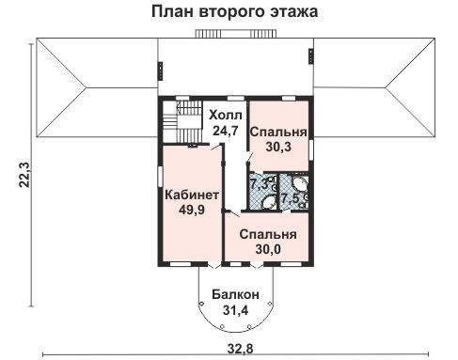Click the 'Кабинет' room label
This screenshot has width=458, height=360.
(x=192, y=195)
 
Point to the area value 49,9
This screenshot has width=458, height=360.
(x=192, y=210)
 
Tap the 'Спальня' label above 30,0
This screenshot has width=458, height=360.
(x=268, y=234)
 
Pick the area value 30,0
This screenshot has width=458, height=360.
(x=268, y=249)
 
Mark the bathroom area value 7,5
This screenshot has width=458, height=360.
(x=291, y=197)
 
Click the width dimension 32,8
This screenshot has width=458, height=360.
(x=239, y=352)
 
